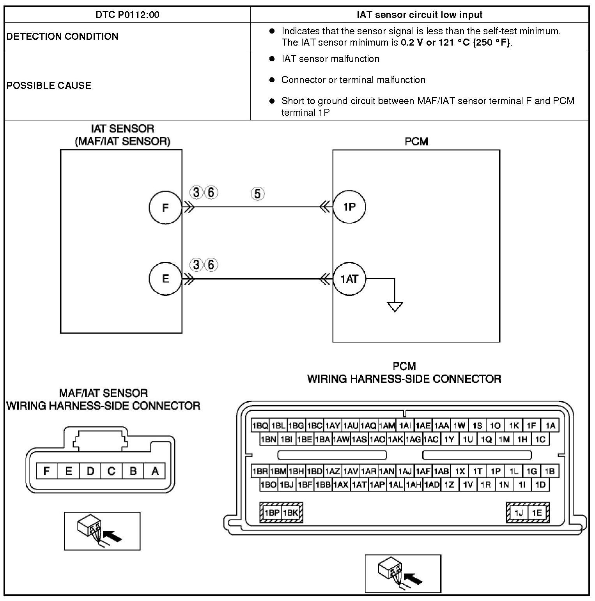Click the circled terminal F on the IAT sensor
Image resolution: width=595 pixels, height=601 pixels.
pos(165,207)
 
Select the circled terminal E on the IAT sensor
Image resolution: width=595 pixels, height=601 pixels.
pos(165,279)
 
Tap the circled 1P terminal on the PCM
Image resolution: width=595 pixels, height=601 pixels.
pos(349,207)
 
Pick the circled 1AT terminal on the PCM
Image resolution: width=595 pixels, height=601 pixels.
pos(349,279)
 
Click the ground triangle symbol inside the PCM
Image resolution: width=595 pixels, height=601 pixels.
pos(395,307)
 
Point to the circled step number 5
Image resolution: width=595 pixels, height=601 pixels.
pos(257,194)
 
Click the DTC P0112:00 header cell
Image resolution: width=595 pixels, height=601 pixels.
pos(127,15)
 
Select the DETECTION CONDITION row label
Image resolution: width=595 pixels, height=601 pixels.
pos(62,36)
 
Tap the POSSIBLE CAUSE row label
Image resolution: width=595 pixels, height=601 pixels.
pos(49,85)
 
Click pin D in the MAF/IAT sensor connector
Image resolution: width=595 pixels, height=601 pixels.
pos(90,471)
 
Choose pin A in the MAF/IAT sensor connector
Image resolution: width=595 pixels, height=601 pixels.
pos(155,471)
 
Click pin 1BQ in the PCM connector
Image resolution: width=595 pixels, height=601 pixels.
pos(260,425)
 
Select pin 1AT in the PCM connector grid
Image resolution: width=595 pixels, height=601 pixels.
pos(359,485)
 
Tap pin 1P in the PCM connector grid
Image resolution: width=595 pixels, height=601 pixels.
pos(496,471)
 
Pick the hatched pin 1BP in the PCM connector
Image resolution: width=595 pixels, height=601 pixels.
pos(272,513)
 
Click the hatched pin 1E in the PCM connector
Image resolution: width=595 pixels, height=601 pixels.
pos(537,513)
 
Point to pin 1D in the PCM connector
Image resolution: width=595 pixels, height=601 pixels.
pos(540,485)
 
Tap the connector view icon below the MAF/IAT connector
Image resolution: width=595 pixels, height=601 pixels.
pos(102,531)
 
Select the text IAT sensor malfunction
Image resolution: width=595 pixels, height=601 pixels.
pos(330,59)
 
